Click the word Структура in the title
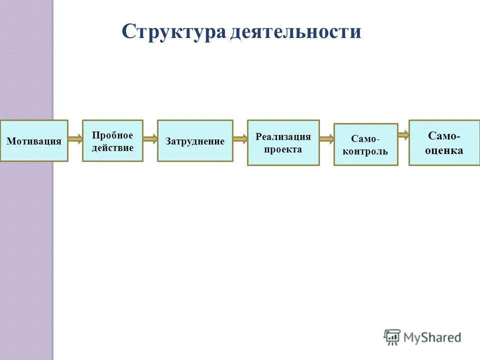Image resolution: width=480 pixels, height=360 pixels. (x=173, y=32)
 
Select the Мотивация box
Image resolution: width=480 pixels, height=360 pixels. (x=34, y=140)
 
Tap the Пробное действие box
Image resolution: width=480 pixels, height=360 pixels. (x=112, y=140)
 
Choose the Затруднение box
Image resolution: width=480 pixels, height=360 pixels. (x=195, y=140)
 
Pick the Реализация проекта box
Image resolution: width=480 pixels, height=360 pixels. (x=283, y=142)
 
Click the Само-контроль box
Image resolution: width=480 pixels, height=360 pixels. (x=365, y=144)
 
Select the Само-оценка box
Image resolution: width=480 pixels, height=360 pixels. (x=444, y=142)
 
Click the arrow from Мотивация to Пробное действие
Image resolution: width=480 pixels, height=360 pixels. (x=75, y=139)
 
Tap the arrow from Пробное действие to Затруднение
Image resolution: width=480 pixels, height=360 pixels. (x=150, y=139)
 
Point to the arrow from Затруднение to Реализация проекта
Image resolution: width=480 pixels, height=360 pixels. (x=240, y=139)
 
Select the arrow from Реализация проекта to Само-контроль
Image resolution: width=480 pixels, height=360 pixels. (x=327, y=139)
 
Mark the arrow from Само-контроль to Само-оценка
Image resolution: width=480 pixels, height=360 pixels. (x=403, y=134)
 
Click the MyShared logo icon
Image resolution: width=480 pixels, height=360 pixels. (x=392, y=337)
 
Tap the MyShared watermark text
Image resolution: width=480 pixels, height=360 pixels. (x=432, y=338)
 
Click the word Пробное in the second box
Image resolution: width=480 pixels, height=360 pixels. (x=112, y=135)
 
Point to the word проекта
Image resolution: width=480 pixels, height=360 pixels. (x=283, y=149)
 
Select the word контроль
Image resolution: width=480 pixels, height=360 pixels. (x=365, y=151)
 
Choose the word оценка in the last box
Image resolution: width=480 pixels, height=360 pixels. (x=444, y=150)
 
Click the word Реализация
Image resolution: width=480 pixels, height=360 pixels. (x=283, y=136)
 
